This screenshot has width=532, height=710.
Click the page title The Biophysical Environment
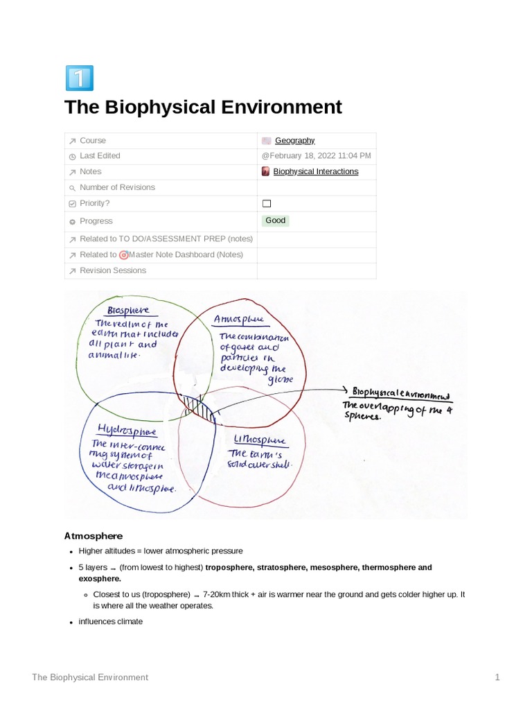(x=203, y=107)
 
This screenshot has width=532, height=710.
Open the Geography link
(x=294, y=141)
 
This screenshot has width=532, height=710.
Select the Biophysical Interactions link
(x=315, y=171)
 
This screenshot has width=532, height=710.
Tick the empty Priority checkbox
(x=267, y=204)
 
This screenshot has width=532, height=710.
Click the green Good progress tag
(x=276, y=220)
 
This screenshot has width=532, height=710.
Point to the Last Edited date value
(x=316, y=156)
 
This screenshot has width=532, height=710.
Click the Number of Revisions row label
(x=117, y=187)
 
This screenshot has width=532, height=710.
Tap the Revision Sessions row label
(x=112, y=270)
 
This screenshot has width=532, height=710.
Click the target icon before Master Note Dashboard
(x=124, y=254)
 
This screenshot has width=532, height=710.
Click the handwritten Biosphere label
(x=128, y=310)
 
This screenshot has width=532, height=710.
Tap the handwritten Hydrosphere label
(x=127, y=431)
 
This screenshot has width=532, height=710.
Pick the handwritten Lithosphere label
(x=260, y=440)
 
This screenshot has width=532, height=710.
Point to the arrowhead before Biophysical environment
(x=346, y=390)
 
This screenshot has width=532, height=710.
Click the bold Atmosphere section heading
(x=93, y=536)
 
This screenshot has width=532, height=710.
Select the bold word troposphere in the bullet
(x=231, y=568)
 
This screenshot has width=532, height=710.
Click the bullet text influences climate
(x=110, y=622)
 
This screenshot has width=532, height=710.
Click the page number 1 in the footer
(x=497, y=677)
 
